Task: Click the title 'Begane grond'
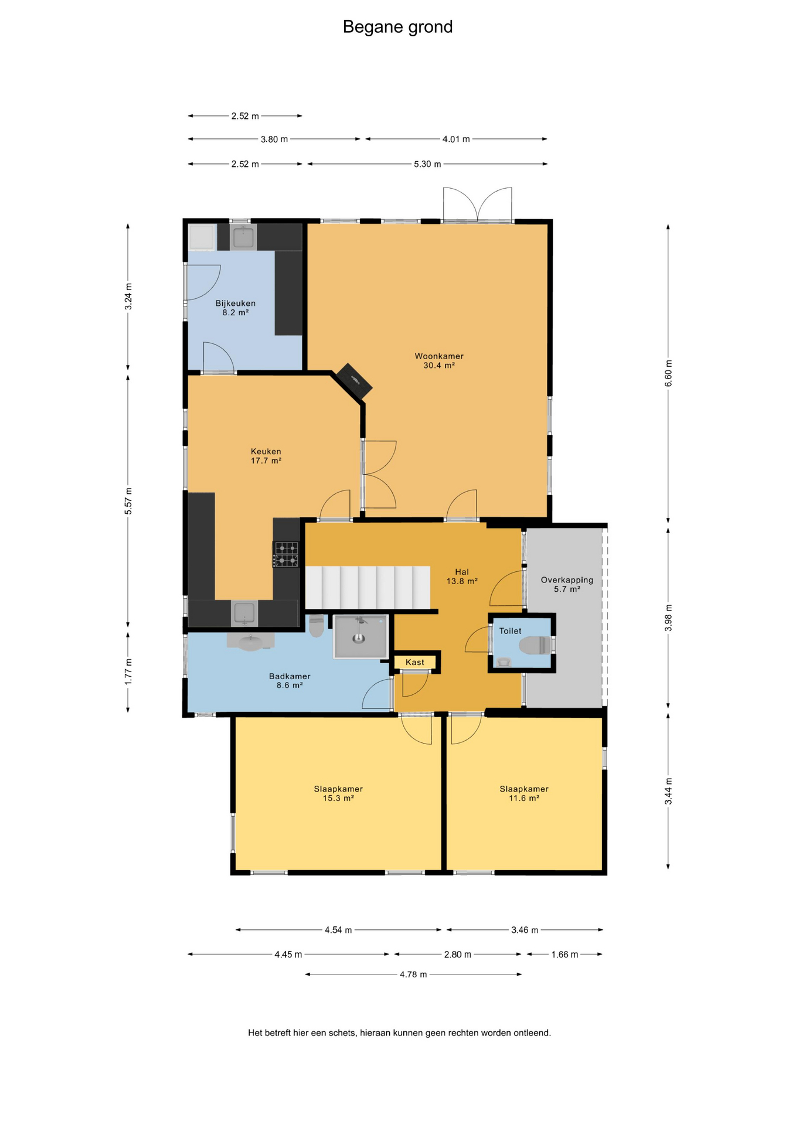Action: click(x=397, y=27)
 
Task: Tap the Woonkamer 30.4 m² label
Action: click(x=439, y=360)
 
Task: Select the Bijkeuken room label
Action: click(x=236, y=304)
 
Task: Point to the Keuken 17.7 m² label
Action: click(x=266, y=456)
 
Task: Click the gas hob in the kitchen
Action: click(x=287, y=554)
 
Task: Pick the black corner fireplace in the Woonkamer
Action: click(x=354, y=381)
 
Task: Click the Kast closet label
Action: click(x=415, y=662)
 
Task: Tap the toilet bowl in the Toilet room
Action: click(x=536, y=646)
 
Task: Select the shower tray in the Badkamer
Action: click(x=360, y=636)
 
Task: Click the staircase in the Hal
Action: click(x=368, y=587)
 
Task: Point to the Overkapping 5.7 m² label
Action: click(x=567, y=584)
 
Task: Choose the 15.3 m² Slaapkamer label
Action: click(x=338, y=793)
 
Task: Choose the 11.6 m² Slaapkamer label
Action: click(x=524, y=793)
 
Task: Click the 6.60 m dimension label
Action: click(x=668, y=373)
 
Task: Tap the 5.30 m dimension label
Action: click(x=427, y=164)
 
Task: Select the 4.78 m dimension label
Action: click(x=413, y=974)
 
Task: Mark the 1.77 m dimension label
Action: click(x=128, y=671)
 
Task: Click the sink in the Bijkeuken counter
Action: click(x=243, y=237)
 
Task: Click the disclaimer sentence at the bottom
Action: click(x=399, y=1033)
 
